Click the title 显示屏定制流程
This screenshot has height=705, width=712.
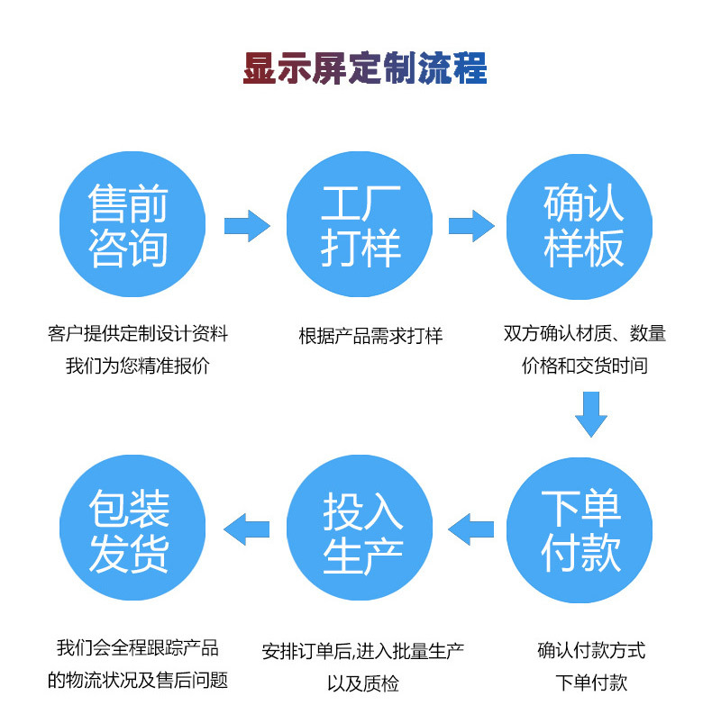[365, 68]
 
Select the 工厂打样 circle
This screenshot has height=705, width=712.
[361, 225]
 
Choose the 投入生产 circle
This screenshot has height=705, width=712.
[361, 530]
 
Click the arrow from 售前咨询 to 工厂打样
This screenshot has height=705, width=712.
[246, 225]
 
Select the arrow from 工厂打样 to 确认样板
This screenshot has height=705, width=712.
[470, 225]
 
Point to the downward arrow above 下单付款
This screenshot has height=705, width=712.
[591, 413]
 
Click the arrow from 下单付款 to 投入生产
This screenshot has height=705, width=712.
[470, 529]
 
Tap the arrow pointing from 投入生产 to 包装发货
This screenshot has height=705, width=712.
[246, 529]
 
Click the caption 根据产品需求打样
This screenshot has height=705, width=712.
[370, 336]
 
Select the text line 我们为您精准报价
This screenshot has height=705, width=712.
[137, 367]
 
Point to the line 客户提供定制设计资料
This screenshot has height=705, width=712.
[138, 334]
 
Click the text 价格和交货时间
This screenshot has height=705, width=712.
[584, 366]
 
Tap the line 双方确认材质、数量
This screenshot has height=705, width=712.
[584, 334]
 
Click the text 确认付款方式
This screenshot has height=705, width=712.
[591, 650]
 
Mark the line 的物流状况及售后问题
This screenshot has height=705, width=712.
[138, 680]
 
